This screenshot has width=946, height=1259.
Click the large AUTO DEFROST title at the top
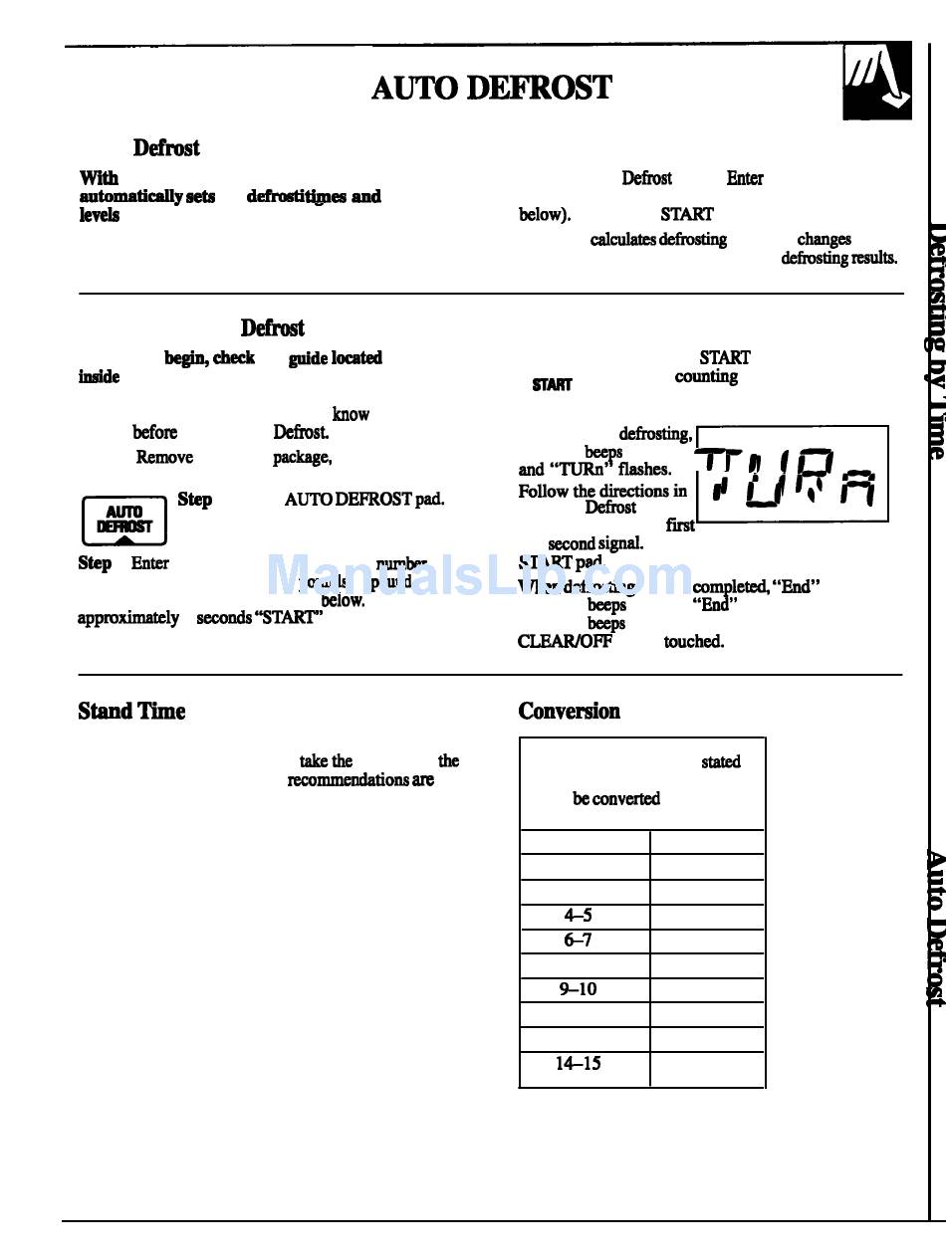(x=491, y=88)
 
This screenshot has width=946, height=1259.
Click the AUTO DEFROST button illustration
(x=123, y=520)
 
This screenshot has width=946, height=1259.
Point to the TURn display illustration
(x=792, y=474)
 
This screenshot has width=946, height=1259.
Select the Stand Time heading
(x=131, y=711)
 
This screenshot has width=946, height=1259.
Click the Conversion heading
(x=569, y=711)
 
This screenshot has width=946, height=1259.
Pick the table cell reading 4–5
(x=579, y=916)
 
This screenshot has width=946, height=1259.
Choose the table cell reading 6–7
(x=579, y=941)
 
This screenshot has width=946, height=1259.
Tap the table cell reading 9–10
(x=578, y=989)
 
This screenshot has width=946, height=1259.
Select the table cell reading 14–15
(x=579, y=1063)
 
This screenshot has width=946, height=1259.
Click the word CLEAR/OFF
(x=565, y=642)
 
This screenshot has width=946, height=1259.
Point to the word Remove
(x=164, y=457)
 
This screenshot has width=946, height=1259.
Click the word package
(x=302, y=457)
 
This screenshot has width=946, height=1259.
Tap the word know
(x=351, y=414)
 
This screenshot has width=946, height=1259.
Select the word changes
(x=824, y=239)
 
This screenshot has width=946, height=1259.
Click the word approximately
(x=128, y=618)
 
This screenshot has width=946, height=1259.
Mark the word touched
(x=693, y=642)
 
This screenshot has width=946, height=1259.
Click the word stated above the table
(x=720, y=762)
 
